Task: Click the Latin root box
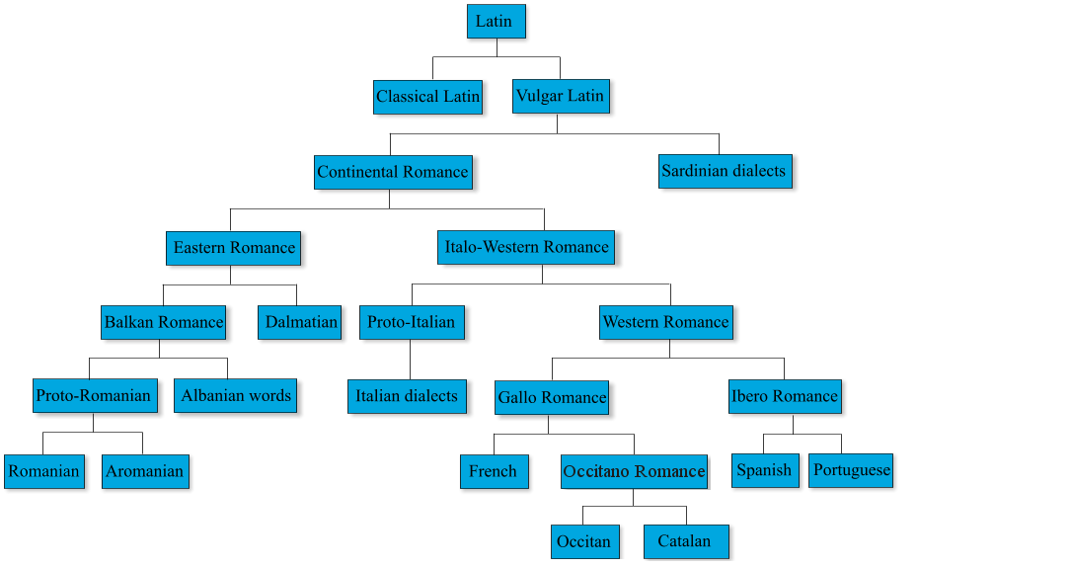496,21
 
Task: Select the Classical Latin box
427,97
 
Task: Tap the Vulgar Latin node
560,96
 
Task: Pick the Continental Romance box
393,172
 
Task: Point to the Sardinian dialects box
724,171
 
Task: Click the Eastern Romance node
234,247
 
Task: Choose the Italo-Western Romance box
526,247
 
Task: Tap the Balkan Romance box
164,322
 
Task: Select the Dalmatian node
301,322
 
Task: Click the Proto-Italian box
411,322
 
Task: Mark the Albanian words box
236,395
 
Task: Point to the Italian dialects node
407,396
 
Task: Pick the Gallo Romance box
552,397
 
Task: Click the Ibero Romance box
785,396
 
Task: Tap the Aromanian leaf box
144,471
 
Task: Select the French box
494,471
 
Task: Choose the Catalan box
685,541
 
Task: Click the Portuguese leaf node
851,470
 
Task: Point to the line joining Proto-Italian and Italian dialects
410,359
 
